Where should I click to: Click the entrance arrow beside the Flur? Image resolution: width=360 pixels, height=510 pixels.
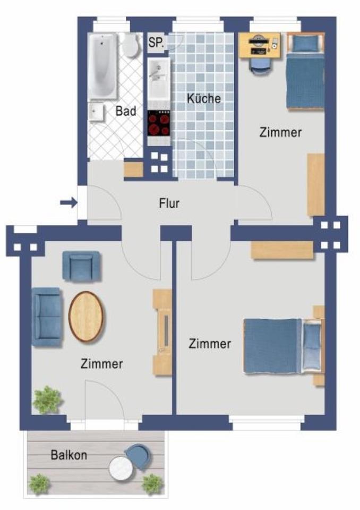coord(67,202)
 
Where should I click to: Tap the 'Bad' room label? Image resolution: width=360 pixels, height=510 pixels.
coord(126,112)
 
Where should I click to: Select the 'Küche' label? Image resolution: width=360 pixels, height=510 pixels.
coord(203,98)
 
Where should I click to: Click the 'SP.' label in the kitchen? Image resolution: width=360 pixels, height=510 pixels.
coord(156,42)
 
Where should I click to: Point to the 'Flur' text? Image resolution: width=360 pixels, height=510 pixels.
coord(169,203)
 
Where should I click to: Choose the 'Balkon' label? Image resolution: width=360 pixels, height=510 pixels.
coord(69,455)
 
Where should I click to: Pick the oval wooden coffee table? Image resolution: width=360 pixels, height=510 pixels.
coord(87,317)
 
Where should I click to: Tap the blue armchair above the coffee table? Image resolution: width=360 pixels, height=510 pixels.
coord(81,266)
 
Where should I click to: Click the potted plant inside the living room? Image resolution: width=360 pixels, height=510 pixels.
coord(47,399)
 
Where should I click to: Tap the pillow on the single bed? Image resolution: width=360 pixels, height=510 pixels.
coord(305,44)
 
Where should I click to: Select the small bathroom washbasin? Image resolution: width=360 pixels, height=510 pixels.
coord(97,113)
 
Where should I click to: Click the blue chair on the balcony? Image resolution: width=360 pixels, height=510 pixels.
coord(139,456)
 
